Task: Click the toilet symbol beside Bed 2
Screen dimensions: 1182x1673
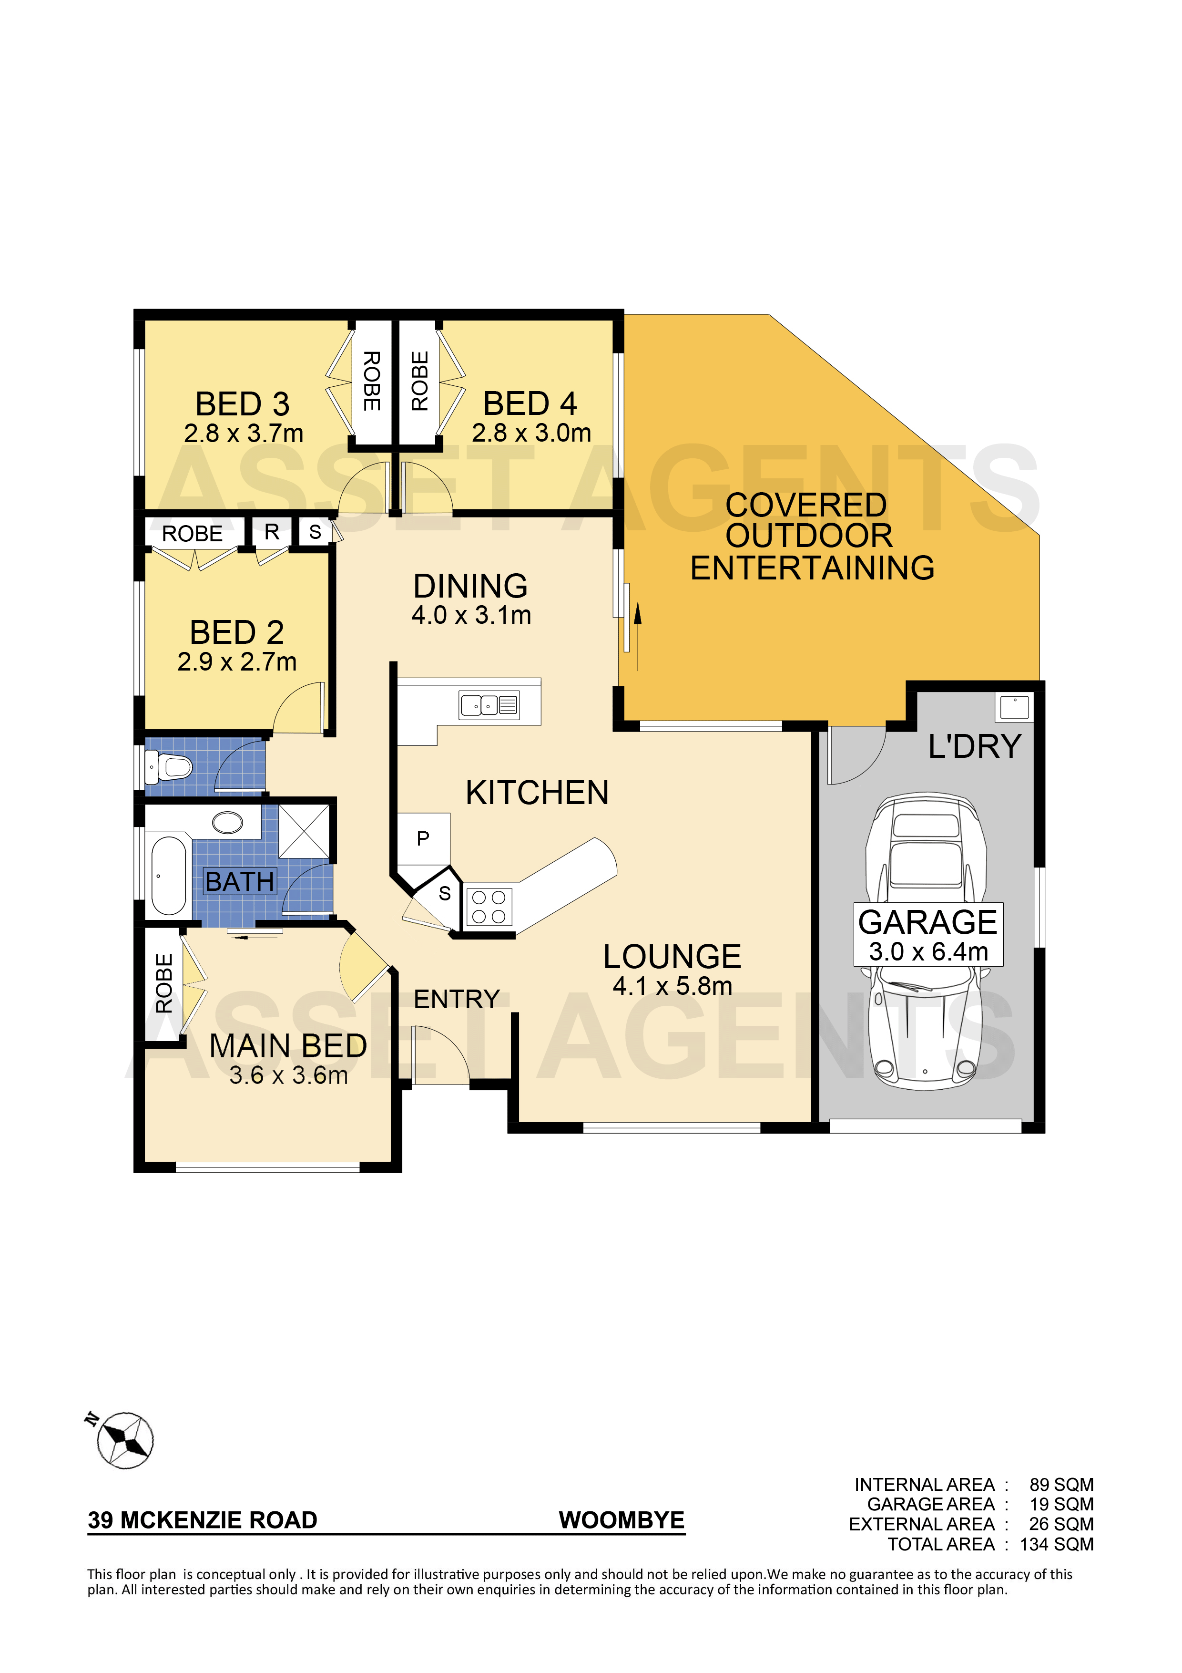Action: (169, 766)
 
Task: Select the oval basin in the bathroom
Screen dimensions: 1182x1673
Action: (228, 823)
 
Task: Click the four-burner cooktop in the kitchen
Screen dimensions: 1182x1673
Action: (489, 907)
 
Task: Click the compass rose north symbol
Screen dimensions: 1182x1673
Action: (124, 1439)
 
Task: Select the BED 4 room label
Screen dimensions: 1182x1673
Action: (530, 403)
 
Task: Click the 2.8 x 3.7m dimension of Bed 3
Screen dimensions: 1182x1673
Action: (243, 434)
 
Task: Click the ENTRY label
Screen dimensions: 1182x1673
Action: (457, 999)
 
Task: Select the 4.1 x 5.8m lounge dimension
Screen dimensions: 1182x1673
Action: (672, 986)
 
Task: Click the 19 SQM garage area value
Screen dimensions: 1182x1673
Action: (1061, 1504)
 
